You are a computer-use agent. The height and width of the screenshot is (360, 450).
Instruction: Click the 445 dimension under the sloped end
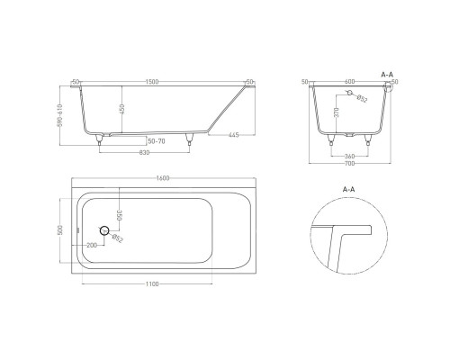pos(233,135)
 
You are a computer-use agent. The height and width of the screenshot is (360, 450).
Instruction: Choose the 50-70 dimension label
pos(157,140)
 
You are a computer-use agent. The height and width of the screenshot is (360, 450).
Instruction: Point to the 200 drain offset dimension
pos(92,245)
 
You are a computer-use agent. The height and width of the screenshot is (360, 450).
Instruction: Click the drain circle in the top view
pos(104,232)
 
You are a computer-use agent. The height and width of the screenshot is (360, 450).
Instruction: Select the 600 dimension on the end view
pos(349,82)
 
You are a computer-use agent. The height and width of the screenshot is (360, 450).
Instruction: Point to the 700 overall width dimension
pos(349,166)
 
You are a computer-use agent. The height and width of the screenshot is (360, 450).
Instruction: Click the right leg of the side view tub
pos(190,139)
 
